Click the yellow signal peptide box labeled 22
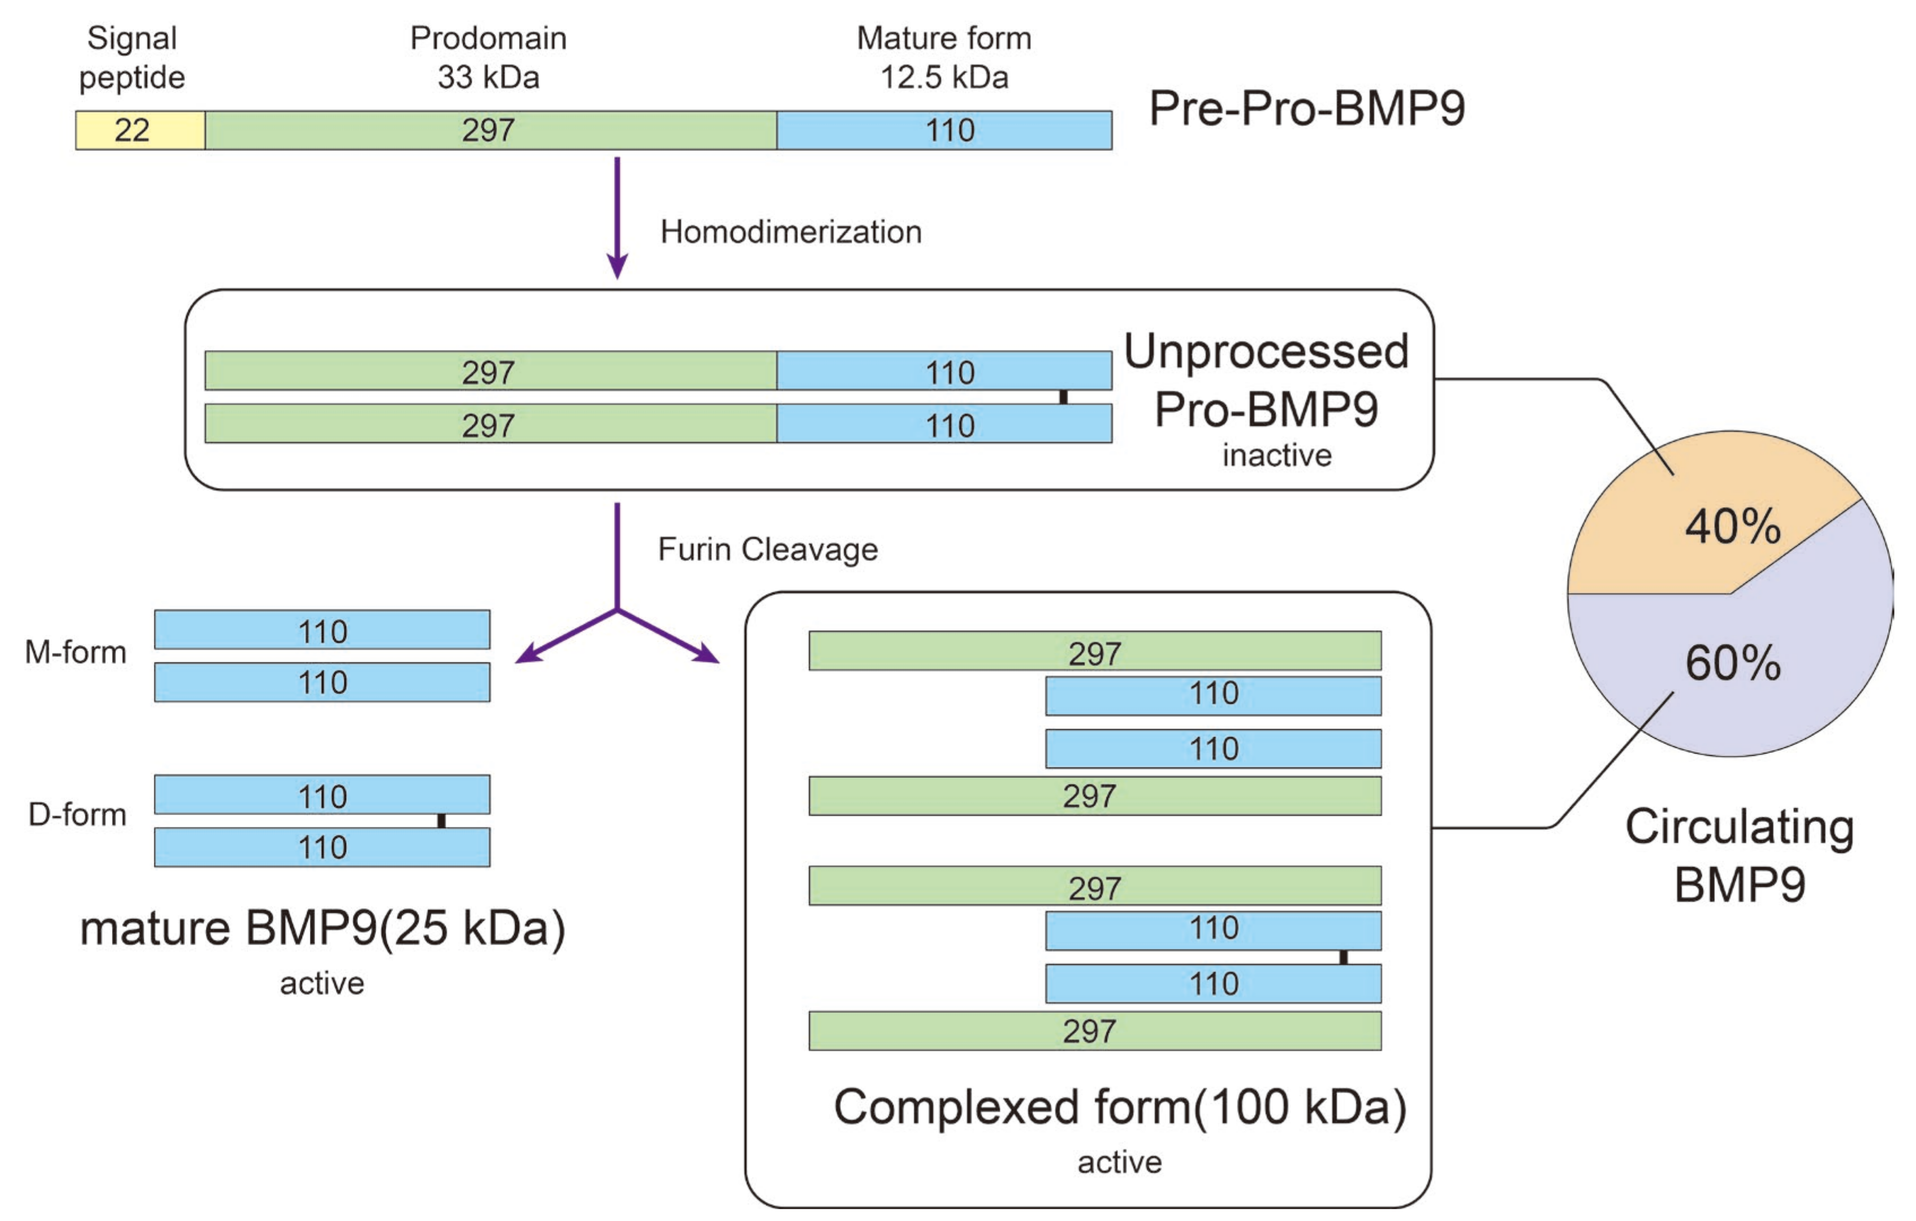pyautogui.click(x=140, y=131)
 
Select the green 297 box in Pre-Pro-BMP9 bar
pyautogui.click(x=490, y=131)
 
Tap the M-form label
pyautogui.click(x=76, y=652)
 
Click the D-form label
pyautogui.click(x=77, y=815)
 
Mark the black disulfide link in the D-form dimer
pyautogui.click(x=442, y=821)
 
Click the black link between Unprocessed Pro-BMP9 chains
pyautogui.click(x=1063, y=397)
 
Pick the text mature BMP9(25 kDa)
pyautogui.click(x=322, y=928)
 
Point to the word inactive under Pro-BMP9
pyautogui.click(x=1276, y=456)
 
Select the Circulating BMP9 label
pyautogui.click(x=1740, y=856)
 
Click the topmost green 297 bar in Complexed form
pyautogui.click(x=1094, y=651)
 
